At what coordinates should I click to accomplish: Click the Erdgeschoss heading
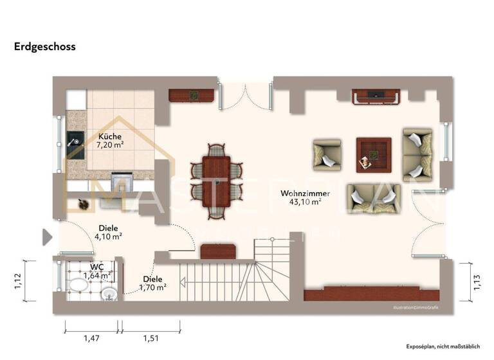pos(45,46)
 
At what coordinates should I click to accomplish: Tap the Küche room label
pos(109,136)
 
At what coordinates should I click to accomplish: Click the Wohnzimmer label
pos(306,193)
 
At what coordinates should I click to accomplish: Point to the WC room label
pos(96,266)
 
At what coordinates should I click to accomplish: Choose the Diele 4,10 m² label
pos(108,232)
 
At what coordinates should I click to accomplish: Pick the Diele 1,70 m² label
pos(152,283)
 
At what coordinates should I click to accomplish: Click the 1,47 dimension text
pos(91,338)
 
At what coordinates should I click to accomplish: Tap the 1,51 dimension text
pos(151,338)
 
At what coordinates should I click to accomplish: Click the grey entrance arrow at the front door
pos(46,237)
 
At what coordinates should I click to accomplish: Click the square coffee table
pos(374,154)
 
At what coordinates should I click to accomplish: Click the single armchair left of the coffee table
pos(327,156)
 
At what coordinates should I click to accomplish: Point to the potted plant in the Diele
pos(83,204)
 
